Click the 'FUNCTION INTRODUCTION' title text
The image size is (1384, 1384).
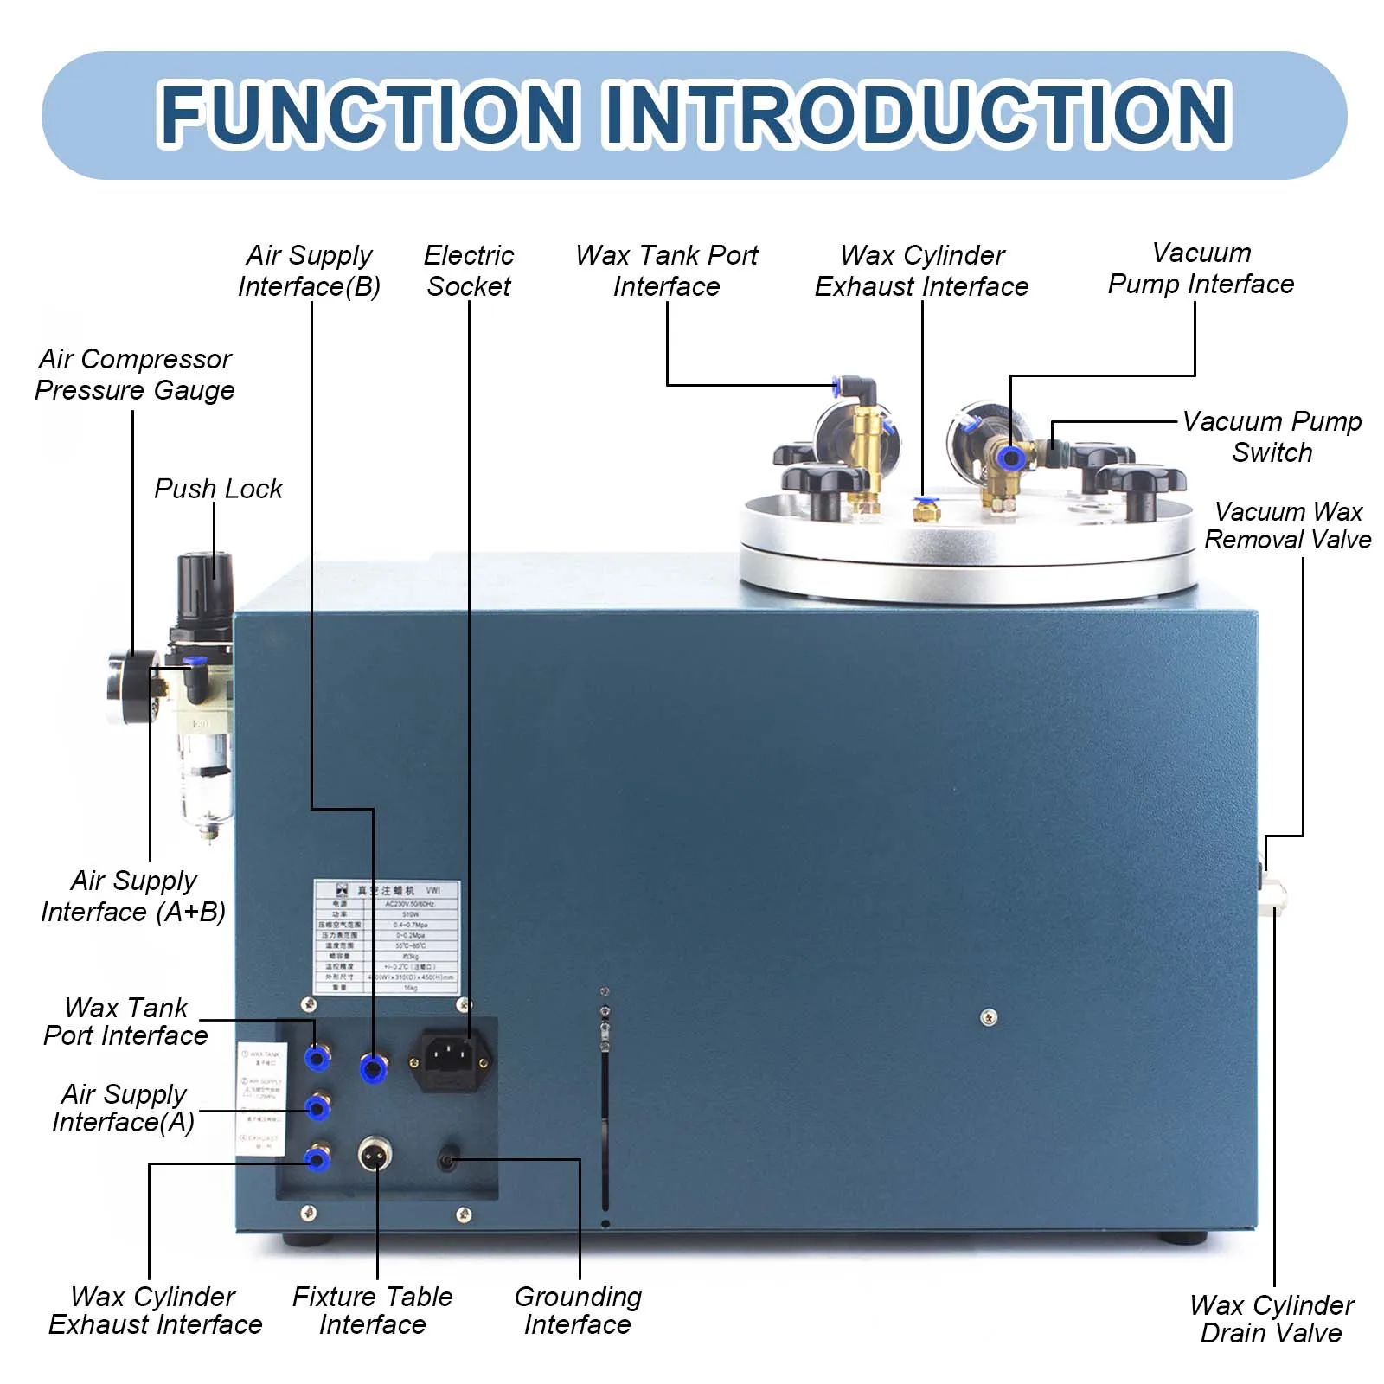[x=695, y=114]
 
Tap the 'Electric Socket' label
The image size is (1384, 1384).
[x=469, y=271]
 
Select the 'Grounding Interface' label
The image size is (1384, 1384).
[x=578, y=1310]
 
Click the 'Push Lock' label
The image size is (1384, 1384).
[x=218, y=489]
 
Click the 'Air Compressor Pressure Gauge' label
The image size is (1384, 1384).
[x=135, y=375]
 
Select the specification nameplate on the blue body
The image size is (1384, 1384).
[x=387, y=937]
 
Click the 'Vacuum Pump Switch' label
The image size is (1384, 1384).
[x=1272, y=437]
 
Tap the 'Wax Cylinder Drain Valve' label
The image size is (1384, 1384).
[x=1272, y=1319]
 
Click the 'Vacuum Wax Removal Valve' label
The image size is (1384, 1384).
[x=1287, y=525]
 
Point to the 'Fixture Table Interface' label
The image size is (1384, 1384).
[x=373, y=1310]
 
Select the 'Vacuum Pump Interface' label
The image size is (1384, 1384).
[x=1201, y=268]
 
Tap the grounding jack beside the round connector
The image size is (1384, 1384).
[x=447, y=1160]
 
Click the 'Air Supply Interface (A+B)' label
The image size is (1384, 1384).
[x=133, y=896]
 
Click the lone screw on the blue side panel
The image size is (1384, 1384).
[x=988, y=1017]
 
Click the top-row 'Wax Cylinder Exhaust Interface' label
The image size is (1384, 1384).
[x=922, y=271]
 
